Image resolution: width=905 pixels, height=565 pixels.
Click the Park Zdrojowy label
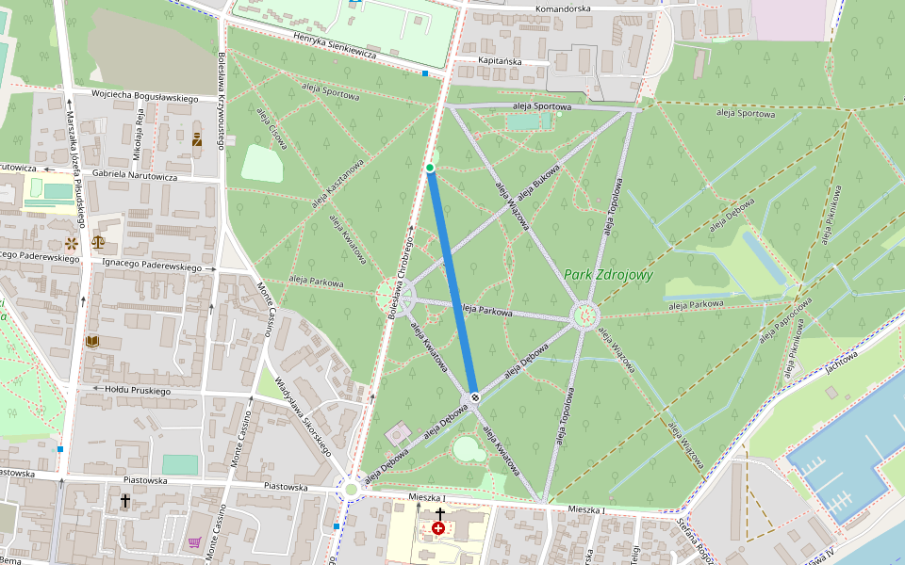(608, 275)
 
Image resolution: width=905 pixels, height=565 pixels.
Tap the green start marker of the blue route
(430, 168)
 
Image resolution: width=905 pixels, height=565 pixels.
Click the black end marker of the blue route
(475, 396)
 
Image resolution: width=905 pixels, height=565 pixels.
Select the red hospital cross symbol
(438, 529)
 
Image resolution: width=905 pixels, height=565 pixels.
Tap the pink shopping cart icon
(194, 542)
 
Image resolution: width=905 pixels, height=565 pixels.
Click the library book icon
(92, 341)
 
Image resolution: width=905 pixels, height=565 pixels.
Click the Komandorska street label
(562, 8)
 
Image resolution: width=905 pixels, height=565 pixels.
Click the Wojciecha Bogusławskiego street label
(144, 97)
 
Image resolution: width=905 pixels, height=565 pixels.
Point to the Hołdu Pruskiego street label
(138, 390)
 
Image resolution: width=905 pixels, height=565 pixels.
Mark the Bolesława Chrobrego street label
(402, 273)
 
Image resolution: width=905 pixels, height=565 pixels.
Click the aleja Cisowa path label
(270, 127)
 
